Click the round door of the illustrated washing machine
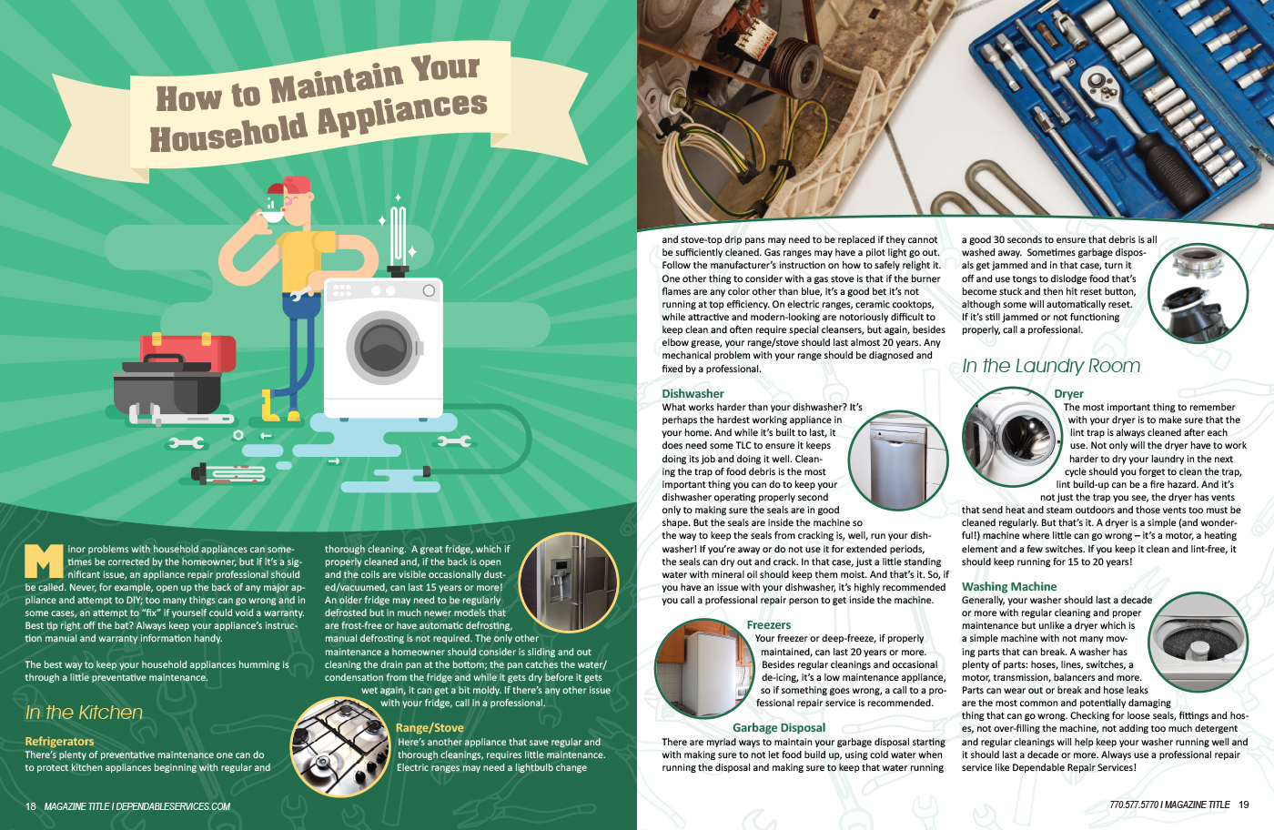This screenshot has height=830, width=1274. pos(384,347)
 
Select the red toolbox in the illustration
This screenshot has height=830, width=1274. pos(187,350)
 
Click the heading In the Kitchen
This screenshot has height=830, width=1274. pos(84,713)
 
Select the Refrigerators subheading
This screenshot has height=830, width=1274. pos(59,741)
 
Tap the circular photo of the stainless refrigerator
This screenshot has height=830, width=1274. pos(569,582)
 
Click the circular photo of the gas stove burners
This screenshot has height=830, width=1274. pos(340,746)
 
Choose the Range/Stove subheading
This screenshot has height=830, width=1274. pos(430,727)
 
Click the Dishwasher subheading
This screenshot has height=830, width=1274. pos(693,394)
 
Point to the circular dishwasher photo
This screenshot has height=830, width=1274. pos(898,460)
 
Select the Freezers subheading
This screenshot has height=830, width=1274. pos(768,624)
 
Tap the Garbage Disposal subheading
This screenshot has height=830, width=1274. pos(779,727)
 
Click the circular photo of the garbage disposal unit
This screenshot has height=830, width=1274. pos(1198,294)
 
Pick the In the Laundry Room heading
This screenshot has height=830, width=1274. pos(1051,366)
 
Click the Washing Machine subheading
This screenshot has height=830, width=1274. pos(1009,586)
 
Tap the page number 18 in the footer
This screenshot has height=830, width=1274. pos(31,806)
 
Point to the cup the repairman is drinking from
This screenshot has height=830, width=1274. pos(271,217)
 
